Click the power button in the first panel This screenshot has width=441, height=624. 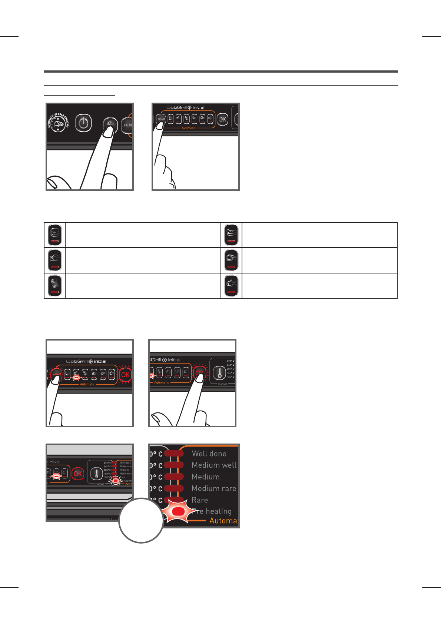[x=83, y=123]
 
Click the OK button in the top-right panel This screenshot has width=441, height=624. [x=222, y=119]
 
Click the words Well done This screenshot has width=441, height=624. [x=209, y=454]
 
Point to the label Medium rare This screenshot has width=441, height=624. [x=214, y=488]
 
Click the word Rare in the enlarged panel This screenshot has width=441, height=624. [x=200, y=500]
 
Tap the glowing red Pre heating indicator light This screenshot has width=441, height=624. [x=178, y=512]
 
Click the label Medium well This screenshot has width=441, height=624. [x=214, y=465]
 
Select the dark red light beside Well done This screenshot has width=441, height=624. [x=174, y=454]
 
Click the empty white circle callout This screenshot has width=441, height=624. [x=141, y=521]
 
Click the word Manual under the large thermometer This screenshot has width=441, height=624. [x=222, y=384]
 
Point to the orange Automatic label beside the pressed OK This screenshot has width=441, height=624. [x=162, y=382]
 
